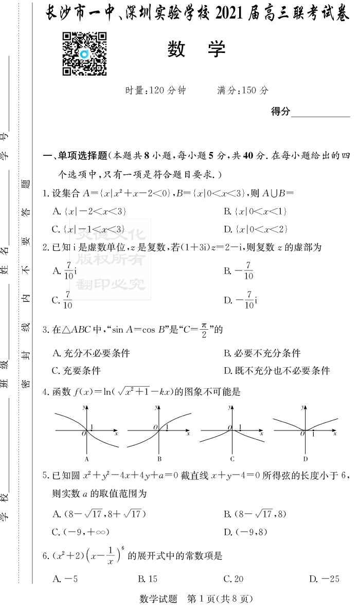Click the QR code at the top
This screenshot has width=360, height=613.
click(x=84, y=54)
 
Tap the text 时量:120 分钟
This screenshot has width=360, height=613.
click(x=156, y=91)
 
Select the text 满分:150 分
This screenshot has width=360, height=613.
click(x=243, y=91)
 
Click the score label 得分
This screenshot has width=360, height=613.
click(x=281, y=112)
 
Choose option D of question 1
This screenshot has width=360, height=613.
click(x=255, y=229)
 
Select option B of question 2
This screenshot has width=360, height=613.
click(x=239, y=271)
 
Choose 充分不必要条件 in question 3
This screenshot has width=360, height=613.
click(x=92, y=353)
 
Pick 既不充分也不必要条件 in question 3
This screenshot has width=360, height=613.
click(x=277, y=371)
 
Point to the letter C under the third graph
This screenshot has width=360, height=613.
click(x=232, y=459)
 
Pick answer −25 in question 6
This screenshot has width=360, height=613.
click(x=324, y=579)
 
